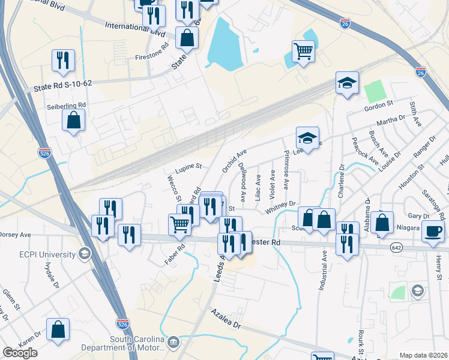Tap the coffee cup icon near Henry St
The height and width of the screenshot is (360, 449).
click(x=433, y=232)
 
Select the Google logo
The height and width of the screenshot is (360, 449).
click(x=20, y=353)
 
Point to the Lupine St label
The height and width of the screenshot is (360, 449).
click(x=188, y=165)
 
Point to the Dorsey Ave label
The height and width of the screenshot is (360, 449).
click(x=16, y=235)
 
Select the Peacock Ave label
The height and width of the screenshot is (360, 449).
click(x=366, y=153)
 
